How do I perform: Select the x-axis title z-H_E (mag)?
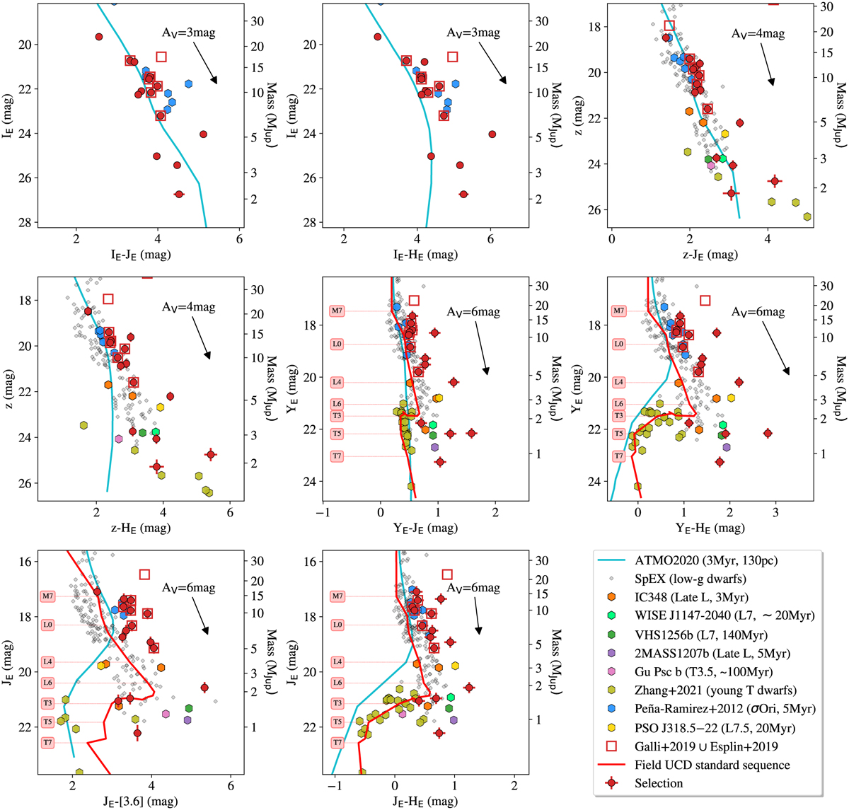(139, 526)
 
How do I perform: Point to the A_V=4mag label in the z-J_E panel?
(758, 33)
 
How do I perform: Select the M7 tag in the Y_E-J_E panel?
(337, 311)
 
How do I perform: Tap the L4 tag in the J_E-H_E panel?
(337, 661)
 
